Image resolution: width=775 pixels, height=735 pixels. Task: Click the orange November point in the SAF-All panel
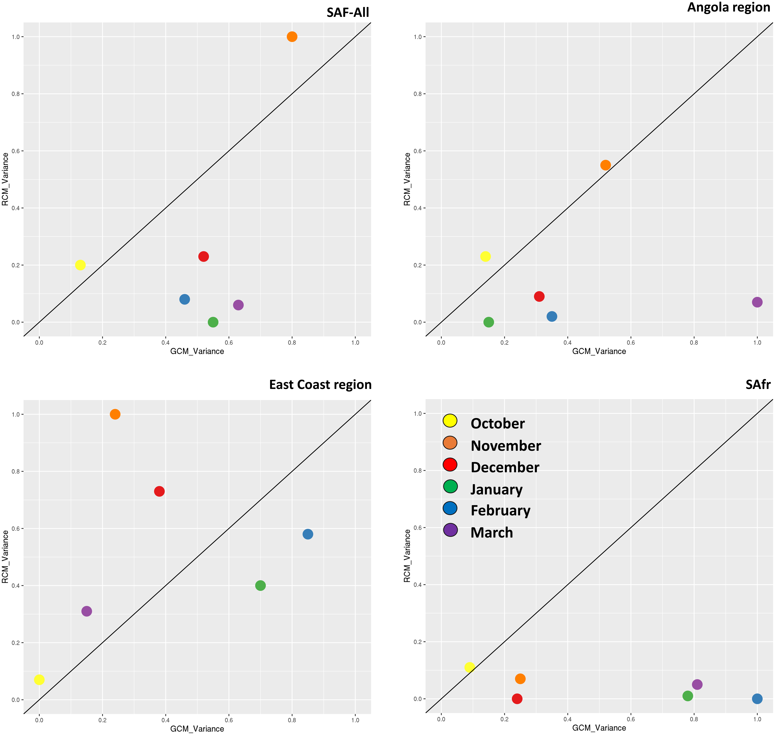coord(292,37)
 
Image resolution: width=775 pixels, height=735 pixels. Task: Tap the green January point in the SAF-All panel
coord(213,322)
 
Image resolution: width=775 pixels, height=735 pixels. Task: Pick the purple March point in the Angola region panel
coord(757,302)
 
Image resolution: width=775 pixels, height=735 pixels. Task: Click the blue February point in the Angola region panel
coord(552,316)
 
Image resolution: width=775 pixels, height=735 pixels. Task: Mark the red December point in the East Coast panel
coord(159,491)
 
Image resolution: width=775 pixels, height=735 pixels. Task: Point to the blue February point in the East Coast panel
coord(308,534)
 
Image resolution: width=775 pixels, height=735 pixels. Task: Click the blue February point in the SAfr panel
coord(757,699)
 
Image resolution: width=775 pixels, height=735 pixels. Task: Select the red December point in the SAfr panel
coord(517,699)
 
